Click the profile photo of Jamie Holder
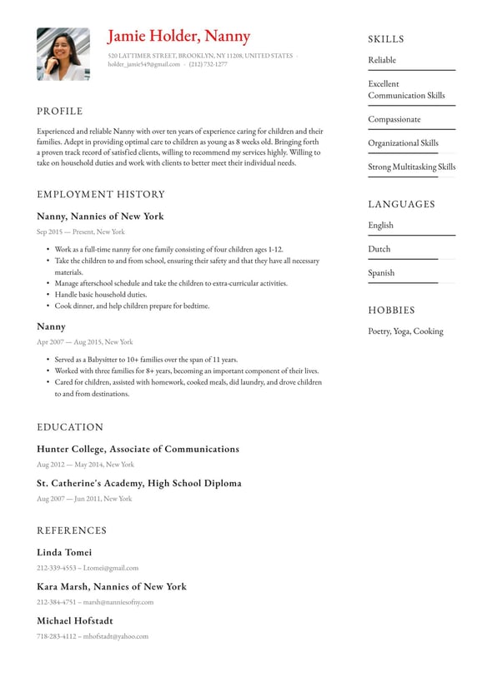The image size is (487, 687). pos(63,54)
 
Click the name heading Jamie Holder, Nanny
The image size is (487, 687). pos(178,36)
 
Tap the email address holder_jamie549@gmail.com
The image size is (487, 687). pos(143,64)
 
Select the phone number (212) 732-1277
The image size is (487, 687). pos(208,64)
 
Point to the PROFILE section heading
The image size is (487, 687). pos(60,112)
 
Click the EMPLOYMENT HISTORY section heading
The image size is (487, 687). pos(101,194)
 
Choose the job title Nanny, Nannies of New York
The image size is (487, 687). pos(100,217)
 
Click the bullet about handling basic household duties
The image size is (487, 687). pos(100,295)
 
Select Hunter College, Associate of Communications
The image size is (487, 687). pos(138,449)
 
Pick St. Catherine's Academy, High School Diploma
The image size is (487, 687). pos(139,483)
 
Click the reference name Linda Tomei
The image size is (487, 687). pos(64,552)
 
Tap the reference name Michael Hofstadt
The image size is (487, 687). pos(75,620)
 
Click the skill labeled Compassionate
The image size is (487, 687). pos(394,119)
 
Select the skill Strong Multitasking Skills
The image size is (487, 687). pos(412,167)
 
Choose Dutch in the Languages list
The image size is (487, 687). pos(379,249)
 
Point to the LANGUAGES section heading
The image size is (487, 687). pos(402,204)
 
